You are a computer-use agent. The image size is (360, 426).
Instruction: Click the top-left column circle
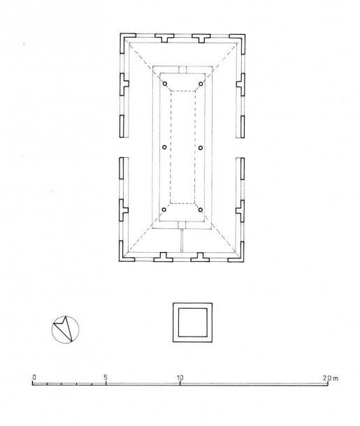pos(165,84)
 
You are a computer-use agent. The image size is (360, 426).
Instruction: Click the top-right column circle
pos(201,84)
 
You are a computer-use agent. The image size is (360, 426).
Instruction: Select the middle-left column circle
pos(164,147)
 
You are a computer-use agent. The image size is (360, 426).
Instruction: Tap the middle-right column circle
pos(201,147)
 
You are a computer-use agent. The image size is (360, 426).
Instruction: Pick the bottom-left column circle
pos(164,210)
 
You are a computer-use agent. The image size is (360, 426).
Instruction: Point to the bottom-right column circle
pos(201,210)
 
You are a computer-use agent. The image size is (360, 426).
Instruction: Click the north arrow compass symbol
pos(65,330)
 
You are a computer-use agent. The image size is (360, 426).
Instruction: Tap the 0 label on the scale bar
pos(34,377)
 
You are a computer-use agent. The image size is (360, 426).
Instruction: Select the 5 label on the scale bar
pos(106,377)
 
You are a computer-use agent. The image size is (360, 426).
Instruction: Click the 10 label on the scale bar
pos(180,377)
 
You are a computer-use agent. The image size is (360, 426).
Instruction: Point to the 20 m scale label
pos(331,378)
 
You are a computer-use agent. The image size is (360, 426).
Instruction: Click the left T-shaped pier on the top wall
pos(164,37)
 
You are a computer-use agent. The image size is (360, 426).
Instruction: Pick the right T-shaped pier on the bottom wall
pos(200,258)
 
